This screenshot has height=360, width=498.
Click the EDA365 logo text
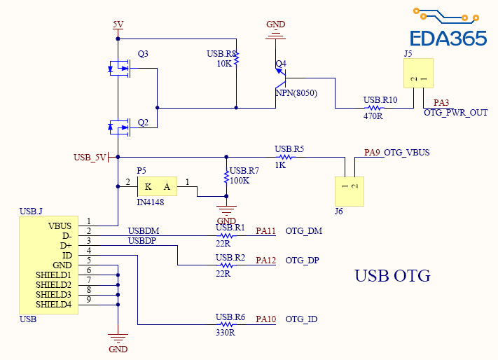point(448,37)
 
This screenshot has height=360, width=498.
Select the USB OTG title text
point(392,276)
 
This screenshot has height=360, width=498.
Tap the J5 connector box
point(417,74)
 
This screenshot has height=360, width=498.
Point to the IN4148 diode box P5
point(157,186)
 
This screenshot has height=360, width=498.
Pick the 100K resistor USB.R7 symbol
point(226,176)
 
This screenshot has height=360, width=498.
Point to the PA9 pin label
point(373,152)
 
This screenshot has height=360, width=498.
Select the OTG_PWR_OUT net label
point(456,113)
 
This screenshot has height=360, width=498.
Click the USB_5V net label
point(90,157)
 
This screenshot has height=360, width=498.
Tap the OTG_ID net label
point(302,319)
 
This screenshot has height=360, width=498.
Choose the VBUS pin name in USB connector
point(60,226)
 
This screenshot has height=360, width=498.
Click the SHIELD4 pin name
point(54,305)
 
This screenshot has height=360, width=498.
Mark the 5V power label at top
point(118,25)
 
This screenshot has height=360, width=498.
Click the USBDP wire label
point(141,241)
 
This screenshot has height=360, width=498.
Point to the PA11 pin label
point(266,230)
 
